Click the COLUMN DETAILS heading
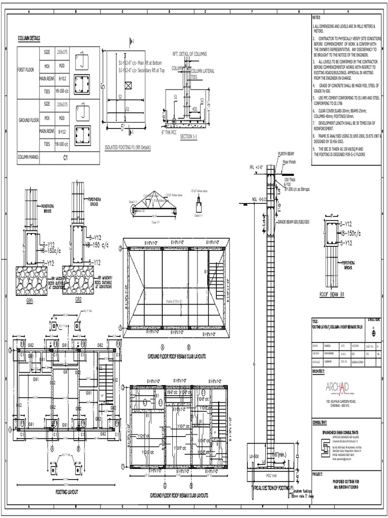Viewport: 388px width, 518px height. pos(29,38)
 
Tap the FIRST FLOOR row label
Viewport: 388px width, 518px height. pos(28,69)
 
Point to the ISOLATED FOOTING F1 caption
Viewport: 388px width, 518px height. pos(127,147)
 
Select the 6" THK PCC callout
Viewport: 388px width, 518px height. pos(170,132)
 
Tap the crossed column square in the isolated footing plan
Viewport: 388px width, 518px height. pos(128,85)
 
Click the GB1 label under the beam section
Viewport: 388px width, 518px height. pos(29,299)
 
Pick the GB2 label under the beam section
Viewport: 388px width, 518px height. pos(78,299)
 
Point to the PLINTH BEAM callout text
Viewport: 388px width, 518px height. pos(286,153)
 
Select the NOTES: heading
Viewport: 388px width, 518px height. pos(317,19)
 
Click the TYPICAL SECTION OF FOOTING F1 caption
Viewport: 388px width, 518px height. pos(273,488)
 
